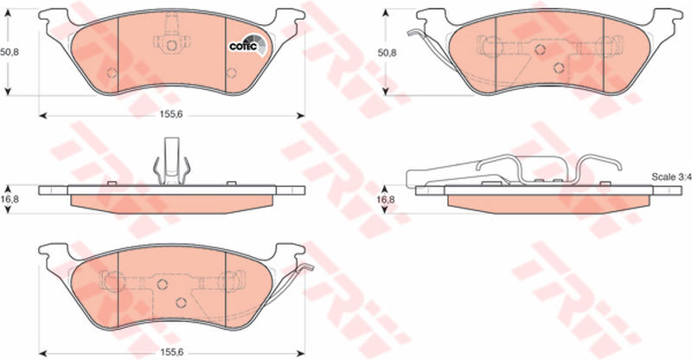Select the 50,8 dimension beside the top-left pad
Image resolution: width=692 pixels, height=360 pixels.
[x=10, y=51]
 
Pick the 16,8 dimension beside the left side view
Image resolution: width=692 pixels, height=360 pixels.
[x=10, y=196]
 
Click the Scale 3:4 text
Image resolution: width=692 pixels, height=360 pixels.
[x=670, y=177]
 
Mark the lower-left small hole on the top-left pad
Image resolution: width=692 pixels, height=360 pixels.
[x=111, y=72]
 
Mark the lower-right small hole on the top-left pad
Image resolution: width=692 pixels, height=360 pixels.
[x=231, y=72]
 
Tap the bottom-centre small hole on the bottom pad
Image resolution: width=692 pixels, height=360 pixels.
[x=182, y=302]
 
